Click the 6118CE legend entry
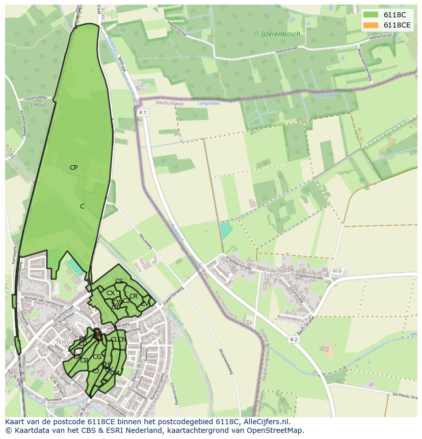click(387, 25)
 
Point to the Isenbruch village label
click(278, 274)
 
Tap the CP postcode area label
click(73, 168)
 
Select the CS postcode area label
click(119, 281)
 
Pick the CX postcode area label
click(110, 293)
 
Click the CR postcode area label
click(134, 296)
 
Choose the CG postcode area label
click(97, 357)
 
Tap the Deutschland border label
click(169, 104)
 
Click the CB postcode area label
click(84, 360)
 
